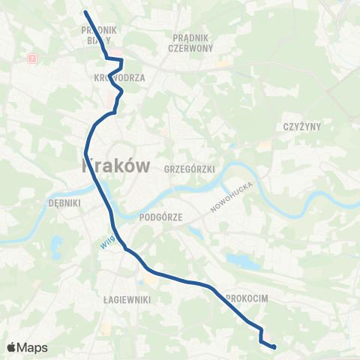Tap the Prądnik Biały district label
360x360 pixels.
pyautogui.click(x=100, y=36)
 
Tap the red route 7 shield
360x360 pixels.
pyautogui.click(x=31, y=58)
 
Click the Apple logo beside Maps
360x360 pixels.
pyautogui.click(x=13, y=347)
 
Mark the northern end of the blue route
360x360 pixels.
pyautogui.click(x=84, y=12)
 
